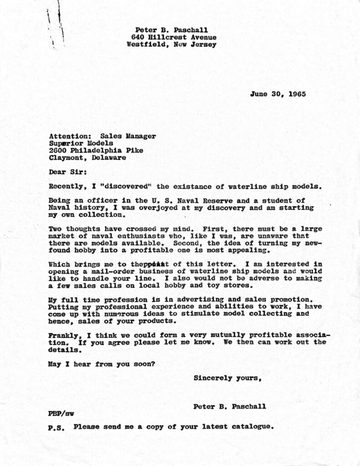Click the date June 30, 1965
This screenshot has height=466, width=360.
click(278, 95)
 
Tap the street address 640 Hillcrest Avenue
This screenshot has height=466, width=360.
click(173, 37)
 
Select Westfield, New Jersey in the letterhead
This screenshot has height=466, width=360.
click(172, 45)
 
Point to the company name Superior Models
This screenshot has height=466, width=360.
click(81, 143)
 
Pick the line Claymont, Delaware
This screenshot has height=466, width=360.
click(87, 157)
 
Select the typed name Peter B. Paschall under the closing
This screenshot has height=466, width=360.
click(229, 406)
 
